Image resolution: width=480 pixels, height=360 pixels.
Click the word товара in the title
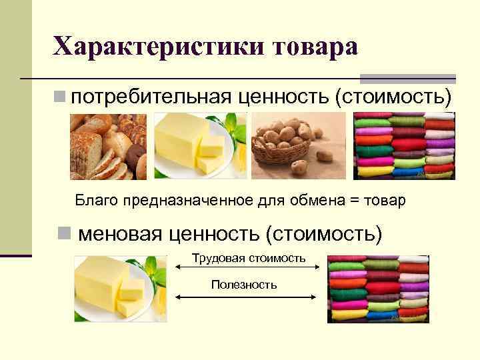(x=313, y=47)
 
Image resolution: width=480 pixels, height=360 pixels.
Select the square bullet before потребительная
(x=61, y=97)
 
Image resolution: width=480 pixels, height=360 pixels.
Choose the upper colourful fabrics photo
(x=404, y=145)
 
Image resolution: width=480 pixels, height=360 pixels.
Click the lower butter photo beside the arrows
(x=120, y=289)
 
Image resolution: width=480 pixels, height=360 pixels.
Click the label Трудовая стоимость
(x=249, y=257)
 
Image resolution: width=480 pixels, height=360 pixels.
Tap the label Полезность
(x=244, y=285)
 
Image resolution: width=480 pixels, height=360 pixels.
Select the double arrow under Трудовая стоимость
(x=248, y=267)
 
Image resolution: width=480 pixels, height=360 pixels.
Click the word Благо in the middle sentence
(x=92, y=200)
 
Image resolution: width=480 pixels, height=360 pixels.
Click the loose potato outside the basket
(x=325, y=155)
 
